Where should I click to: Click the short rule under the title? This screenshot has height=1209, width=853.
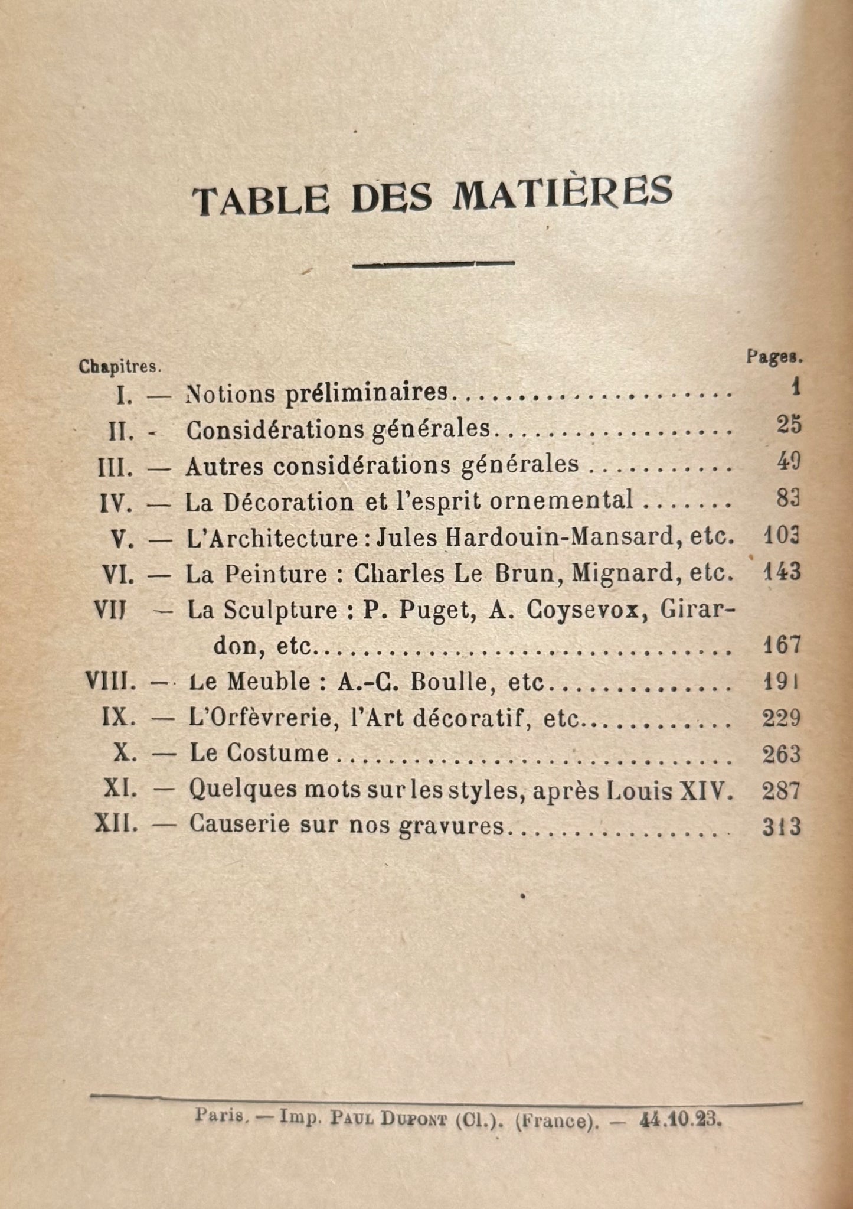pos(433,264)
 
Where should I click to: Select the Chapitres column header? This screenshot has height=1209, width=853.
pos(120,366)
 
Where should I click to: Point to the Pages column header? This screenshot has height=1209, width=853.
pos(773,357)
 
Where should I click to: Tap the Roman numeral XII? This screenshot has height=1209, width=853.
pos(116,825)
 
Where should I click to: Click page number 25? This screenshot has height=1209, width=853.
pos(789,425)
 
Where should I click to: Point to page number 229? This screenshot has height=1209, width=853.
pos(782,718)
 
